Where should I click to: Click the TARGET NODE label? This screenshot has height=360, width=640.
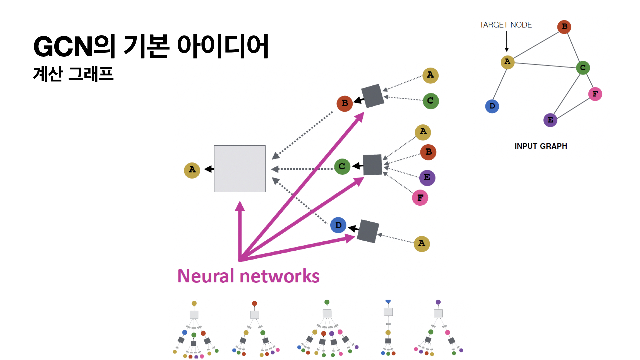tap(505, 25)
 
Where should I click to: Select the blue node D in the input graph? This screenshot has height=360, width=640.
tap(492, 106)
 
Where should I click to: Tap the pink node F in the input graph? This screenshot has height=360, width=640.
tap(595, 94)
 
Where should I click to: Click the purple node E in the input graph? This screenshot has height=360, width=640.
tap(550, 120)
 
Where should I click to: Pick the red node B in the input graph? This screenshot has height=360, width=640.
tap(564, 27)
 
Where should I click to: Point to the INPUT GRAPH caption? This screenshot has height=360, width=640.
tap(541, 146)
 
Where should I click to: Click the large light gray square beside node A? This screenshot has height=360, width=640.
tap(240, 169)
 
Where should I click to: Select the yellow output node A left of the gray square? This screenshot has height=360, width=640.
tap(192, 170)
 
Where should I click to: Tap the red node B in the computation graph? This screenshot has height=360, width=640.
tap(345, 103)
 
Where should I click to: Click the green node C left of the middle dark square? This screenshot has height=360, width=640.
tap(342, 166)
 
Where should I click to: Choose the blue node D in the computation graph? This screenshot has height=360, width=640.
tap(338, 225)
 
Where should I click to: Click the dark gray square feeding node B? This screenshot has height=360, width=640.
tap(373, 96)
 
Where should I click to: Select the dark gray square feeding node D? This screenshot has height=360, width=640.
tap(368, 231)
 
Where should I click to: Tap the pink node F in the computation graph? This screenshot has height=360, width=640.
tap(420, 198)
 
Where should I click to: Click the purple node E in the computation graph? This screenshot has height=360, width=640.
tap(427, 178)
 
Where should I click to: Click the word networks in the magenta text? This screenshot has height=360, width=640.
tap(279, 276)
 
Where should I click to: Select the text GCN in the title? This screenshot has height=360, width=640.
tap(63, 47)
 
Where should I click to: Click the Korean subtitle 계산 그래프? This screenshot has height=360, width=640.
tap(73, 74)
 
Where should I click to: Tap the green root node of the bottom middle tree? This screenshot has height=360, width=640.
tap(327, 302)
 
